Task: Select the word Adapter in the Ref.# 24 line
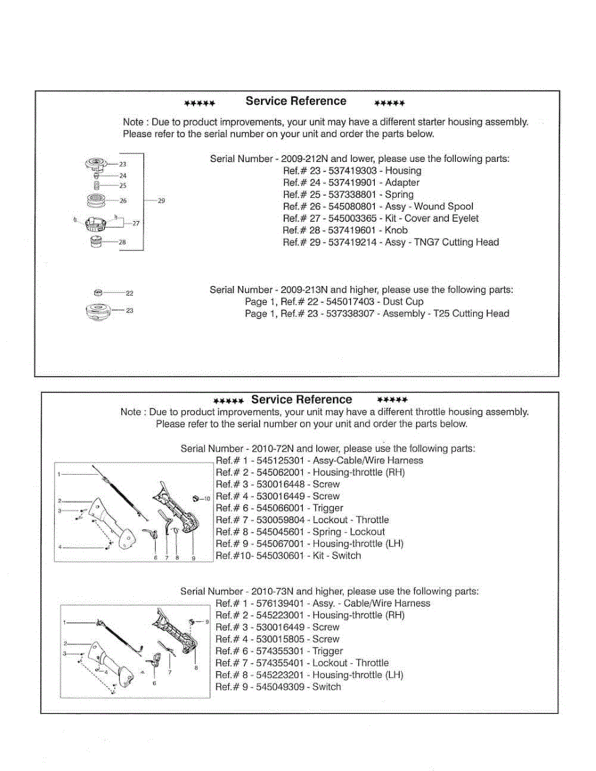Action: (x=402, y=183)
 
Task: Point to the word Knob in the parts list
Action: (x=396, y=231)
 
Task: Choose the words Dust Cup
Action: (x=404, y=302)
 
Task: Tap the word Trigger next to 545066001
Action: (x=328, y=508)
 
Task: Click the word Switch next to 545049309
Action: (x=327, y=687)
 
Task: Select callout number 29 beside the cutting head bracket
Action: (x=161, y=201)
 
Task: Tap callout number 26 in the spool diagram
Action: (x=123, y=201)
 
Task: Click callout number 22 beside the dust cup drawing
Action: (x=129, y=293)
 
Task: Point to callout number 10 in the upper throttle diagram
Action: (x=207, y=499)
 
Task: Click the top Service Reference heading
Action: (x=296, y=102)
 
